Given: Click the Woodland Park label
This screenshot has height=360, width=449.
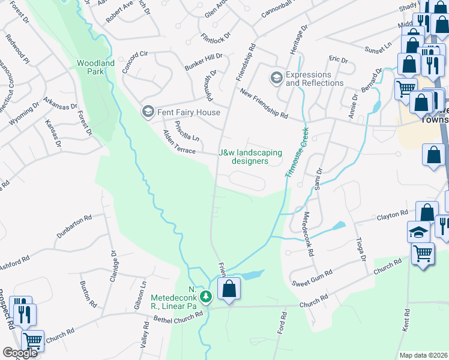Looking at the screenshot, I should click(91, 67).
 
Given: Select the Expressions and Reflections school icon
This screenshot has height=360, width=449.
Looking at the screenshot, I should click(276, 78).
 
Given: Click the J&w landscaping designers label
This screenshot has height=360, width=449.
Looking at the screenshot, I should click(250, 157).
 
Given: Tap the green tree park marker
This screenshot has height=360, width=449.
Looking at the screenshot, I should click(206, 296).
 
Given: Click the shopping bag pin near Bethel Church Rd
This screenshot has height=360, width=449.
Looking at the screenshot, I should click(229, 289).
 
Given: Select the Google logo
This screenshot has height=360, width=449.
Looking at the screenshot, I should click(20, 352).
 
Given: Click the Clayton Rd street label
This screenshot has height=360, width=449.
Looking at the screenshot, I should click(391, 217).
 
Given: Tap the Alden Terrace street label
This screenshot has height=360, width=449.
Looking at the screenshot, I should click(179, 145).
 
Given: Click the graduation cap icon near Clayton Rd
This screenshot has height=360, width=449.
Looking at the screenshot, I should click(418, 233).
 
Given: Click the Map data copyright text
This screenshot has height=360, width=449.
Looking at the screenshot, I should click(423, 355).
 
